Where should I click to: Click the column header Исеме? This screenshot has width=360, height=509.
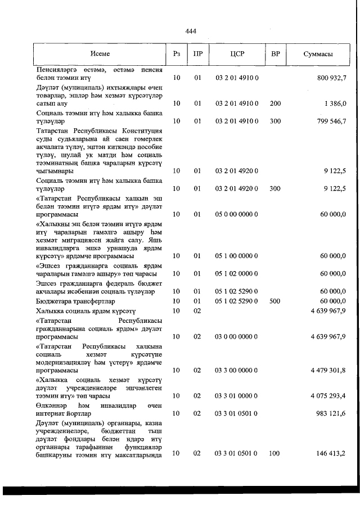[100, 54]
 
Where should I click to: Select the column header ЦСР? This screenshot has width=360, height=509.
[237, 54]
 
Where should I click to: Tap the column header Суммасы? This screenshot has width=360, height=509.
[318, 54]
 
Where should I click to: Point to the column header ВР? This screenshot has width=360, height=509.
[275, 54]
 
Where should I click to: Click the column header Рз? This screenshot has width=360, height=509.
[177, 54]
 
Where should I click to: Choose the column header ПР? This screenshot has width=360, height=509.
[197, 54]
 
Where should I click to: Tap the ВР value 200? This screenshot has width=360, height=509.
[275, 103]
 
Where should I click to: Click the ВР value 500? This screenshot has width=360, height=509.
[275, 301]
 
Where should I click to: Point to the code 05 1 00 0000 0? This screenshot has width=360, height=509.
[237, 255]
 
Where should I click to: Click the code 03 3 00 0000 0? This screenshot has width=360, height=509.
[237, 370]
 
